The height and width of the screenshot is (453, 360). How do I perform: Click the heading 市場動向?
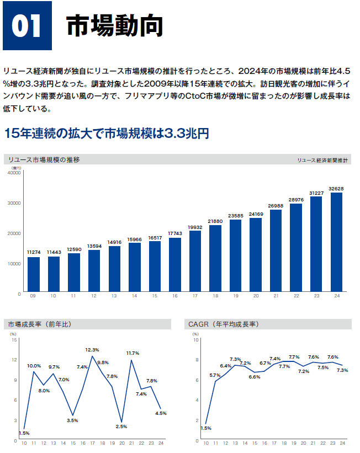pyautogui.click(x=115, y=26)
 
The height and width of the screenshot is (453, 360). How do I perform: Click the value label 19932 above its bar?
pyautogui.click(x=195, y=227)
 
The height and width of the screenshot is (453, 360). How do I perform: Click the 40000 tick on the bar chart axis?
pyautogui.click(x=13, y=173)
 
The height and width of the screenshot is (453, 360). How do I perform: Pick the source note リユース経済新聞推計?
pyautogui.click(x=322, y=161)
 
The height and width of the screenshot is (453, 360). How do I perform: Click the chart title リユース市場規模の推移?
pyautogui.click(x=44, y=160)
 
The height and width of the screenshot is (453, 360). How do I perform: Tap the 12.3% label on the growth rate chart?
pyautogui.click(x=92, y=350)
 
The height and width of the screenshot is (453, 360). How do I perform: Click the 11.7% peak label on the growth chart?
pyautogui.click(x=133, y=353)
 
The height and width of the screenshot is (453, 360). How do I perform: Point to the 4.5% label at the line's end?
pyautogui.click(x=161, y=413)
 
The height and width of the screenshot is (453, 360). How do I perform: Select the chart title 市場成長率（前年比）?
pyautogui.click(x=39, y=324)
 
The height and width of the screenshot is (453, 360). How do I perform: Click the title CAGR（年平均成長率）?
pyautogui.click(x=224, y=324)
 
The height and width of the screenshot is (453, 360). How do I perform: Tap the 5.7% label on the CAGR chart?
pyautogui.click(x=215, y=375)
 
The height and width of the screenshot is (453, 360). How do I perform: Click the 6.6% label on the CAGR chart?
pyautogui.click(x=255, y=377)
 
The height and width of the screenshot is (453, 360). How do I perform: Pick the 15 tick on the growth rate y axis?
pyautogui.click(x=14, y=340)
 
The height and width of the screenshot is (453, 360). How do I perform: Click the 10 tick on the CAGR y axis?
pyautogui.click(x=195, y=340)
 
